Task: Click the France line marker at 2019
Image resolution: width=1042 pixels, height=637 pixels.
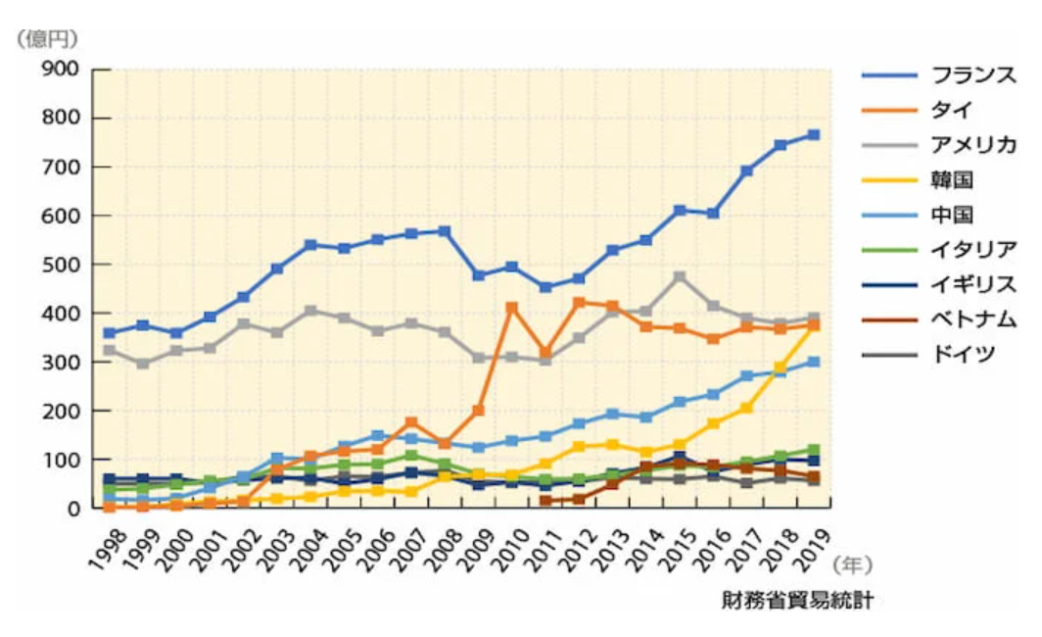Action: [x=813, y=135]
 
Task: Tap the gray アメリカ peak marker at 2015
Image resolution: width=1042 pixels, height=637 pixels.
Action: [x=680, y=276]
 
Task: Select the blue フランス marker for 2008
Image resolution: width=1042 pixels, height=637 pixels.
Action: [x=445, y=231]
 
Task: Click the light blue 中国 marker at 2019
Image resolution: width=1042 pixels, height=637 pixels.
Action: [x=813, y=362]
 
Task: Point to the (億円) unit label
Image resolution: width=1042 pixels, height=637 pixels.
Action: [x=45, y=38]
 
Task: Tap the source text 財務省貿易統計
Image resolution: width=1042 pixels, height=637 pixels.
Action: [x=798, y=600]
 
